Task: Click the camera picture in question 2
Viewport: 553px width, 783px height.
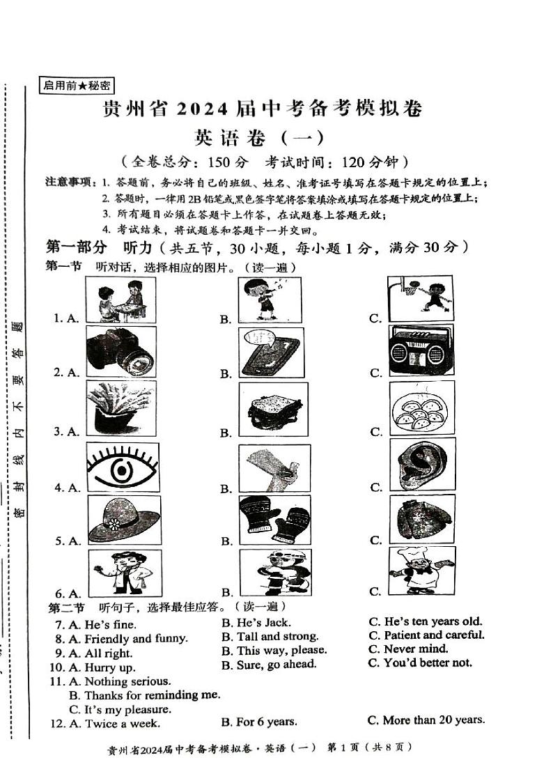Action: [x=121, y=352]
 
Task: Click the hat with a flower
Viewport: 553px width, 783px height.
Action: [x=124, y=520]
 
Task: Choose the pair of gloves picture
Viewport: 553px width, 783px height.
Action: [x=274, y=520]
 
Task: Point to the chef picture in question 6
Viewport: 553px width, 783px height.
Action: [x=422, y=570]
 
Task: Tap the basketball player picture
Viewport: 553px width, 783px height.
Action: [x=420, y=297]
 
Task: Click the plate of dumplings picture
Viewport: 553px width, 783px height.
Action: [x=422, y=412]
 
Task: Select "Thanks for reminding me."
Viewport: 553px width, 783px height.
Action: [x=152, y=695]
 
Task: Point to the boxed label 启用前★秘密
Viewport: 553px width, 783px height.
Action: [x=77, y=86]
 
